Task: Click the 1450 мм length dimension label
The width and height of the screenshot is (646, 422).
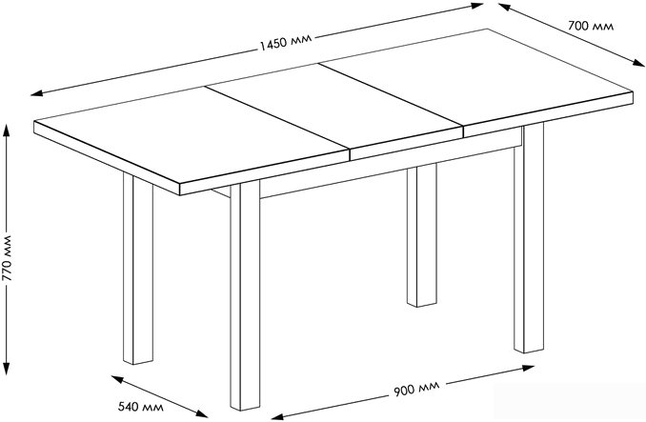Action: (x=286, y=46)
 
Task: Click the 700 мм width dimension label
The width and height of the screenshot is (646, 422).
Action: (x=590, y=28)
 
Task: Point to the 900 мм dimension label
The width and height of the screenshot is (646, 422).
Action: (x=414, y=390)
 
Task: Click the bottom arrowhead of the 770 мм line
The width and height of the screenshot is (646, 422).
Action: (x=9, y=376)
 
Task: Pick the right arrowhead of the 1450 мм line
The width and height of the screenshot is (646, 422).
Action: (x=481, y=7)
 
